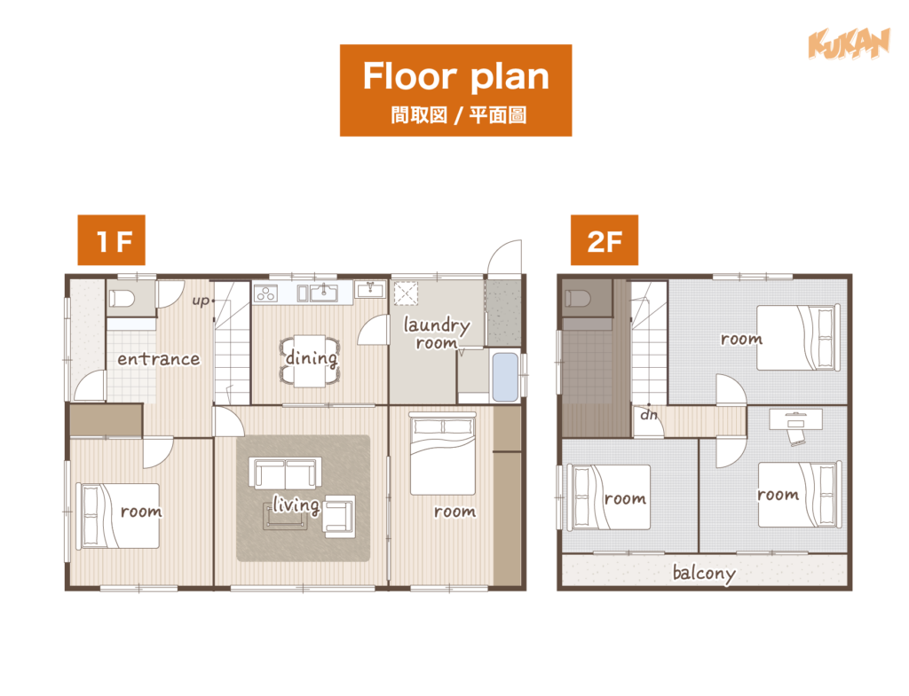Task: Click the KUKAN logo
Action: click(849, 44)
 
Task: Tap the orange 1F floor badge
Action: click(111, 240)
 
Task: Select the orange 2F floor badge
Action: click(604, 240)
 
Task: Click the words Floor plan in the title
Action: click(455, 76)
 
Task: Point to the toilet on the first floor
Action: click(122, 299)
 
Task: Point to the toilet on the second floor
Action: click(578, 299)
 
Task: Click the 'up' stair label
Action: click(201, 301)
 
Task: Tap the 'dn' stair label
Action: click(649, 415)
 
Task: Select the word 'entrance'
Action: click(158, 359)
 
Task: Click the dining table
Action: click(310, 361)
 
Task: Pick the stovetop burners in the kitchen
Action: click(265, 293)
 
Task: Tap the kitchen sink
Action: click(323, 293)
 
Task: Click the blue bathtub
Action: click(505, 377)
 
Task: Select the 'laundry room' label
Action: click(437, 333)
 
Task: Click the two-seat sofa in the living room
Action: click(285, 473)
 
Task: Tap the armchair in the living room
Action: click(340, 515)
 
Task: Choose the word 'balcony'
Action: click(704, 574)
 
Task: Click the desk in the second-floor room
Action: click(795, 419)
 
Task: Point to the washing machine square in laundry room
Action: click(406, 293)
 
